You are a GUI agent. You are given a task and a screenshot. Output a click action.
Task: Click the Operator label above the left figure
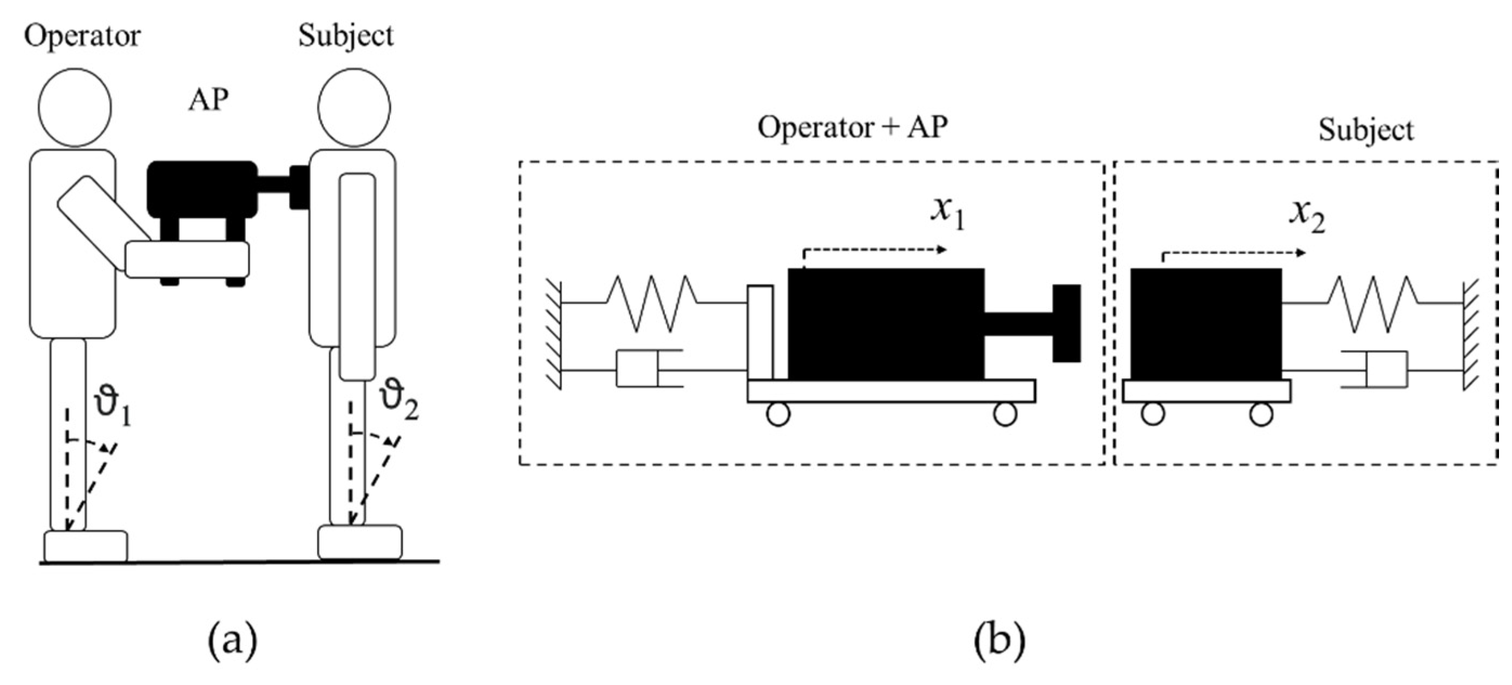[x=82, y=36]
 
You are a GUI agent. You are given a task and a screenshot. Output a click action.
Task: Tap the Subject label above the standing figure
[x=346, y=36]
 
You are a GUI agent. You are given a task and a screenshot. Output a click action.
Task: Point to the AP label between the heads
[x=208, y=100]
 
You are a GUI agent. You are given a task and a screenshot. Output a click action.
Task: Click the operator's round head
[x=75, y=107]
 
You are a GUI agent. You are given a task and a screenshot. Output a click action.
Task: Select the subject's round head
[x=354, y=107]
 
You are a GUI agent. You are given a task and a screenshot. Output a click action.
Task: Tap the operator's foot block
[x=86, y=546]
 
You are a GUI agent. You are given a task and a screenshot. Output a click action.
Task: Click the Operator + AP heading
[x=852, y=127]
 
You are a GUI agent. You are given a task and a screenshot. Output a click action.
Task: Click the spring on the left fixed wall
[x=652, y=303]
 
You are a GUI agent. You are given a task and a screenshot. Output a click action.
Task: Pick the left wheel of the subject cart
[x=1152, y=414]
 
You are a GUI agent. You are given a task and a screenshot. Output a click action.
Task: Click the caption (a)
[x=233, y=642]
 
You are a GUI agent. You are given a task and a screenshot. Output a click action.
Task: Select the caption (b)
[x=999, y=642]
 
